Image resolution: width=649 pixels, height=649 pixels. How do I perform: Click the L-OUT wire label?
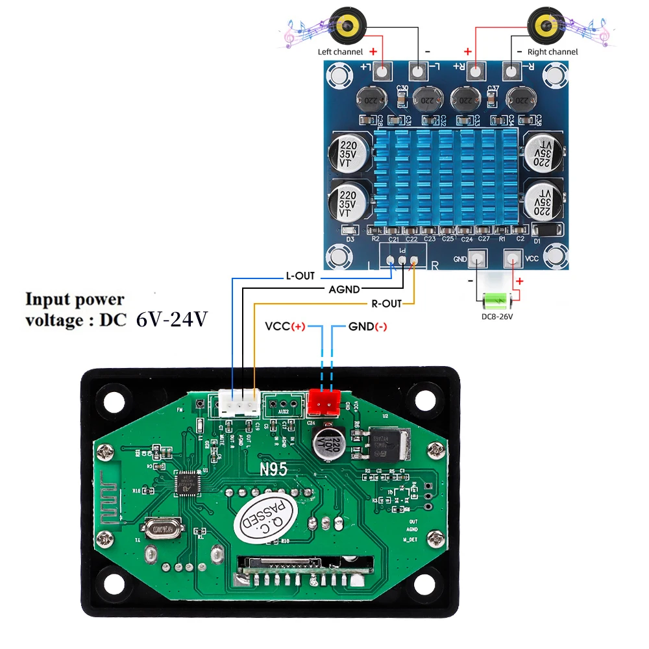coord(300,276)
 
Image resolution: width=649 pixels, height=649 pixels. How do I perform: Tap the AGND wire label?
coord(344,289)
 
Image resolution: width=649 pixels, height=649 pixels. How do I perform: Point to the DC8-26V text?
coord(497,317)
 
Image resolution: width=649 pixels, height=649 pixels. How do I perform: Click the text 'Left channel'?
coord(340,52)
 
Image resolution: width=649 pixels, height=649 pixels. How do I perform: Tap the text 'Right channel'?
coord(553,52)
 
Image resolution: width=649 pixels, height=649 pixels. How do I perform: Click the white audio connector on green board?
coord(238,402)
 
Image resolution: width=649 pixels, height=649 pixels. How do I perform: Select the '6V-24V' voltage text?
coord(171,319)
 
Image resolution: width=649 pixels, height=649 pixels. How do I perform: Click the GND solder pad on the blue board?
coord(478,258)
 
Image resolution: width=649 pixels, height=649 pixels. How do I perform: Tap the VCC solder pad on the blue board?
coord(513,258)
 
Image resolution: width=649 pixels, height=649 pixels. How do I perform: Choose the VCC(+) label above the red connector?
coord(285,326)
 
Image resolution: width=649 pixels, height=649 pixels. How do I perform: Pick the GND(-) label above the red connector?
coord(368,326)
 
